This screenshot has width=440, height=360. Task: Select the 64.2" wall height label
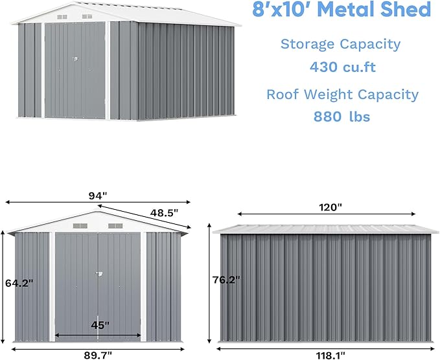tap(19, 283)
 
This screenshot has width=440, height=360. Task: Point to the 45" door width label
tap(99, 324)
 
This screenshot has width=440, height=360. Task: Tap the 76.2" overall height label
tap(226, 280)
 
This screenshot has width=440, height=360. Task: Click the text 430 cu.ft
tap(343, 67)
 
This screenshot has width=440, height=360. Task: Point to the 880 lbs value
tap(342, 117)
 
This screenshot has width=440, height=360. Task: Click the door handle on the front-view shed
tap(98, 276)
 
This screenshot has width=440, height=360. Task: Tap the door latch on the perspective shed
tap(75, 62)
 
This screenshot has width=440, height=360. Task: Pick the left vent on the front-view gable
tap(80, 226)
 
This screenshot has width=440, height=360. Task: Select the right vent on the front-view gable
tap(115, 226)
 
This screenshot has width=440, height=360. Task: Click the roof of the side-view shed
tap(324, 229)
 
